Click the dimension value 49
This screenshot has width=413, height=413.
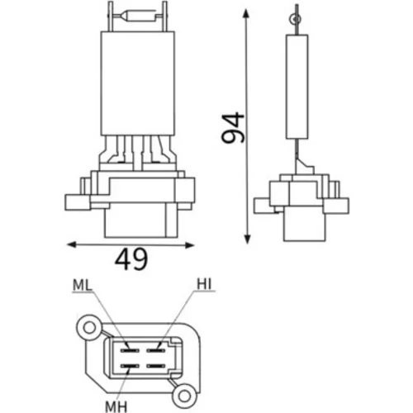131,259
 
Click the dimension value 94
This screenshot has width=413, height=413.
233,128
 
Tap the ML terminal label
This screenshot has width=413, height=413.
82,286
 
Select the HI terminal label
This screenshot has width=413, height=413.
204,284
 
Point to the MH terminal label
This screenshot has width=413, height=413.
116,406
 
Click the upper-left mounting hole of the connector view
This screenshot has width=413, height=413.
88,328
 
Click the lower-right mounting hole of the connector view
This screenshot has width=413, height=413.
183,396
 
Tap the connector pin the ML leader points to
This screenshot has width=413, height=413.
129,351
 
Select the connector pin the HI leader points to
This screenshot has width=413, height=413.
155,351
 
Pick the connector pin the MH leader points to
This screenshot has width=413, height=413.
129,366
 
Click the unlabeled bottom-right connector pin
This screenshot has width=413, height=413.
155,366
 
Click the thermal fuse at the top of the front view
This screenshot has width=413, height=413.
138,17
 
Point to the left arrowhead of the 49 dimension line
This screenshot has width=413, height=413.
71,244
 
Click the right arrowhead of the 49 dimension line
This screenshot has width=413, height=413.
190,244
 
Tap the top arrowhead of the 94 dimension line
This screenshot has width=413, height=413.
246,13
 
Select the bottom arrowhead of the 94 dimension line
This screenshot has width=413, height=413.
248,239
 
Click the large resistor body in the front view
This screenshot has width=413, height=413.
138,83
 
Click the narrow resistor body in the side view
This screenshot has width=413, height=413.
297,87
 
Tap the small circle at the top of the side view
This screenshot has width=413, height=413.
295,19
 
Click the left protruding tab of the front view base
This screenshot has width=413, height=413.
78,202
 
